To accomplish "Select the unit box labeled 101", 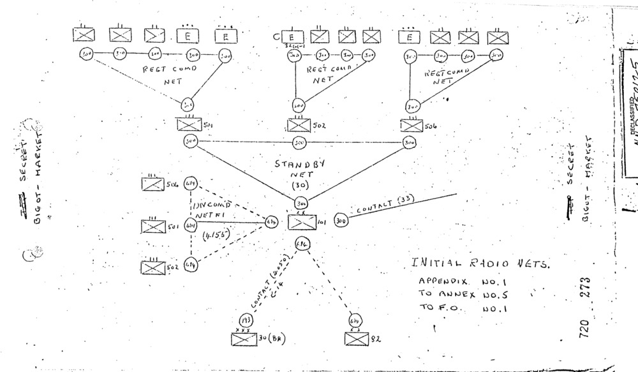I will tap(302, 223).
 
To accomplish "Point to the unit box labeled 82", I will tap(355, 338).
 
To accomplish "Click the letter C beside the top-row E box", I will tap(276, 36).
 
